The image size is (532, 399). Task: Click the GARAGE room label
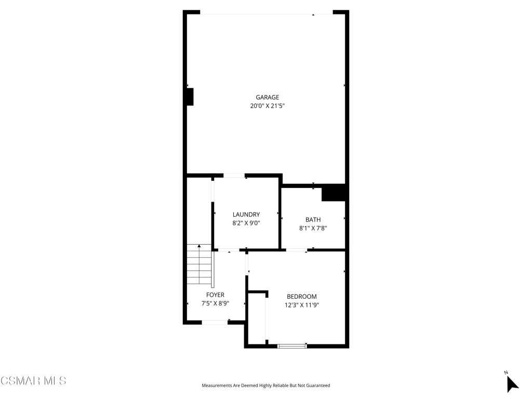[x=268, y=97]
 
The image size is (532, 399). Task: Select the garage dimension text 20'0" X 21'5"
[x=268, y=106]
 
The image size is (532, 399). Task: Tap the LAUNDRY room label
[x=246, y=215]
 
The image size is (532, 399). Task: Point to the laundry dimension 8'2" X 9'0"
[x=246, y=223]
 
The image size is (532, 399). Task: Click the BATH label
[x=313, y=220]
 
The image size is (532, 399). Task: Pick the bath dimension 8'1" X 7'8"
[x=313, y=229]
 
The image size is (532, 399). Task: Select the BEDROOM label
[x=302, y=297]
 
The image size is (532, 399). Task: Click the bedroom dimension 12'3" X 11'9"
[x=302, y=305]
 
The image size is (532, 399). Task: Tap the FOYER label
[x=215, y=295]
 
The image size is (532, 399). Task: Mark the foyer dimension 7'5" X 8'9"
[x=215, y=303]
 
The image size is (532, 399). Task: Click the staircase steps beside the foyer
[x=199, y=264]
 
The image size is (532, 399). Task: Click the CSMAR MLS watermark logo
[x=33, y=381]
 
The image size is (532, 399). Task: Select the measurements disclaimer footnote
[x=265, y=385]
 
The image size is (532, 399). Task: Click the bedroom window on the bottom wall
[x=292, y=346]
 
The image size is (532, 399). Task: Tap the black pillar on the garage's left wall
[x=190, y=97]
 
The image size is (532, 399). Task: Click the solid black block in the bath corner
[x=333, y=193]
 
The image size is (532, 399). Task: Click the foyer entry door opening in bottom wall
[x=215, y=322]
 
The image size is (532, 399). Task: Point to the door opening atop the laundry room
[x=234, y=176]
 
